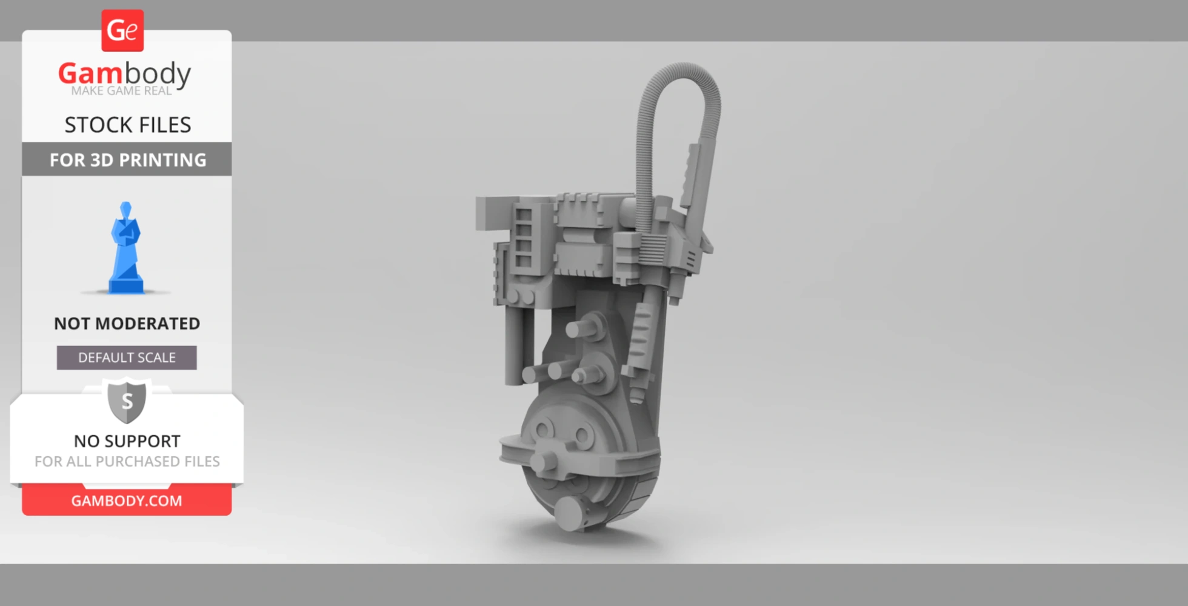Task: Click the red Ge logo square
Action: [122, 30]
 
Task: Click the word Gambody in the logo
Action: [124, 73]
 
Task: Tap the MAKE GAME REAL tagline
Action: [121, 91]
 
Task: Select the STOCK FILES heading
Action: [127, 125]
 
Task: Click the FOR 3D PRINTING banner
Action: [127, 159]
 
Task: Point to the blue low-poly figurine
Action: [126, 248]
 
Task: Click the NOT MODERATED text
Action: [127, 324]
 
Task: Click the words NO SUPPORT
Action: [127, 441]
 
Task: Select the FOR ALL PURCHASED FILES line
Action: [127, 462]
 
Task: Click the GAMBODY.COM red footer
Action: [127, 501]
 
